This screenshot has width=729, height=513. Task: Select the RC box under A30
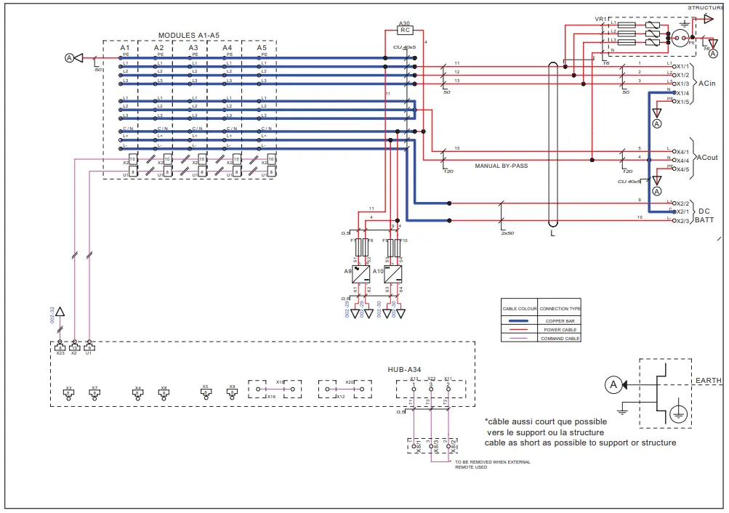[x=406, y=31]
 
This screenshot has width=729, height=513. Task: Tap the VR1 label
[x=600, y=19]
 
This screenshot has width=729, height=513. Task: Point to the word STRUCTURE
[x=706, y=7]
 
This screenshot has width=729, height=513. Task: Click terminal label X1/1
[x=681, y=66]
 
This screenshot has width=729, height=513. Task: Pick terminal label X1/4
[x=681, y=93]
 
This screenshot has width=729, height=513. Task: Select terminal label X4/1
[x=681, y=152]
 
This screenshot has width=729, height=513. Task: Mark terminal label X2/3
[x=681, y=220]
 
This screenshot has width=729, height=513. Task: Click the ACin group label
[x=707, y=84]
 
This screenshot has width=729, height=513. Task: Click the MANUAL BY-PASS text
[x=501, y=166]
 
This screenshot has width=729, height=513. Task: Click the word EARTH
[x=708, y=380]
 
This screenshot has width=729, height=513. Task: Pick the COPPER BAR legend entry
[x=560, y=320]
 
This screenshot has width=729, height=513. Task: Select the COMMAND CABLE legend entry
[x=560, y=338]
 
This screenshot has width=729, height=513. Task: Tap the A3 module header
[x=193, y=47]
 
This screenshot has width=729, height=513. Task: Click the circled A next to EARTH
[x=613, y=384]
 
